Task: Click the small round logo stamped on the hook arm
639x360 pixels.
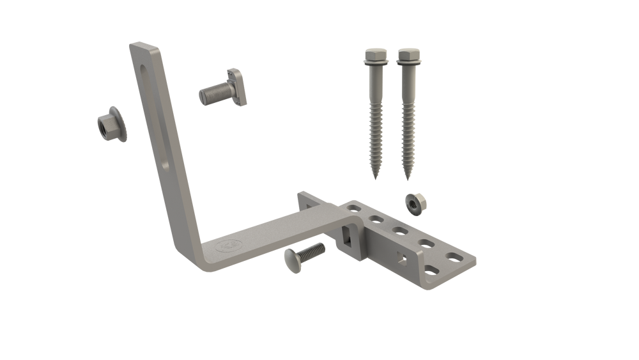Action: pyautogui.click(x=227, y=246)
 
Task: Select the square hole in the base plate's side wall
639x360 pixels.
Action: pyautogui.click(x=401, y=258)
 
